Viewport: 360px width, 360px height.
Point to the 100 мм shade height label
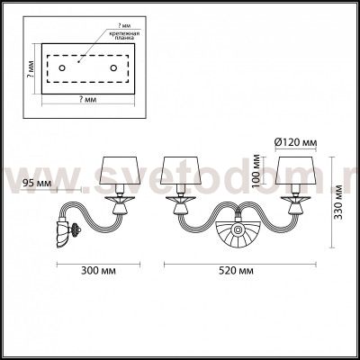click(257, 170)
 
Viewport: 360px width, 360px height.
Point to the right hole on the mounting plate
click(113, 67)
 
